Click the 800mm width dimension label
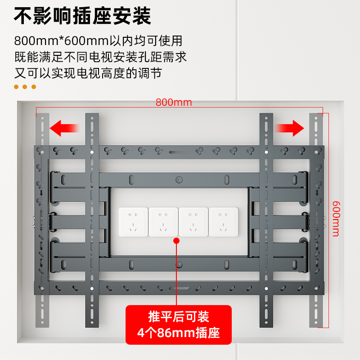click(174, 103)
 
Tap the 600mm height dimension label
click(336, 219)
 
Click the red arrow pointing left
click(64, 128)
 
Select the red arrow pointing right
click(289, 128)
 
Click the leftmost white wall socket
click(133, 222)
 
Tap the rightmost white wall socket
click(223, 222)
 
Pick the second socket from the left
click(163, 222)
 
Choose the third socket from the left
click(193, 222)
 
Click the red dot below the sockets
click(176, 241)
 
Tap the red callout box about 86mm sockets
click(178, 324)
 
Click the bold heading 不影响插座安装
click(82, 16)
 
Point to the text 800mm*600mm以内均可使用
click(98, 41)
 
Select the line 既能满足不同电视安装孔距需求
click(100, 57)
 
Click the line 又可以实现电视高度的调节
click(88, 73)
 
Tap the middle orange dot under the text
click(25, 87)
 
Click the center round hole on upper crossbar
click(179, 180)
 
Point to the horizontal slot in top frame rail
click(179, 152)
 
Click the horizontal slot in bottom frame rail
click(179, 288)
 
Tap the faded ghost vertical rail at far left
click(42, 220)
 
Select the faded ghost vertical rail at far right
click(316, 220)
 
